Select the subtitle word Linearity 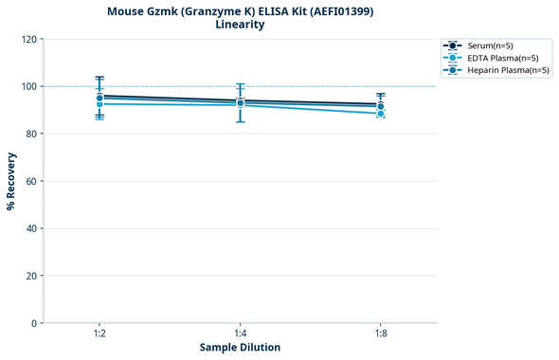240,25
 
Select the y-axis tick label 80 31,134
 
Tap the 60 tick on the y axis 31,181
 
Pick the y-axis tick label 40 31,228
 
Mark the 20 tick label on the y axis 31,276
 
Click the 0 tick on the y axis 34,323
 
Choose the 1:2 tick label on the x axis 99,333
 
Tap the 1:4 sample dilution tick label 240,333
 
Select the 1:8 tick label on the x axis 380,333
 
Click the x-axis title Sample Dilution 240,348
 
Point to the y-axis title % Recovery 11,181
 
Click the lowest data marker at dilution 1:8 380,114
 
